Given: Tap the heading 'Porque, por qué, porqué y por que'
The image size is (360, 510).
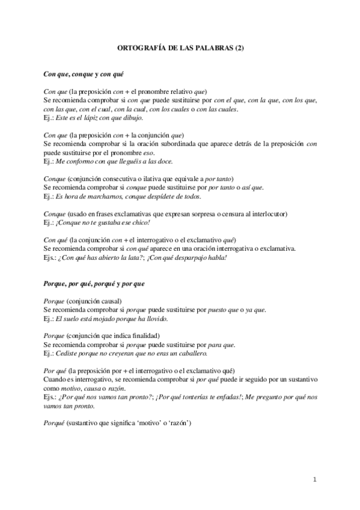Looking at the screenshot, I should (x=94, y=283).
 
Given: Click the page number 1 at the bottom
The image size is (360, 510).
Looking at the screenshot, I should (x=314, y=479).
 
